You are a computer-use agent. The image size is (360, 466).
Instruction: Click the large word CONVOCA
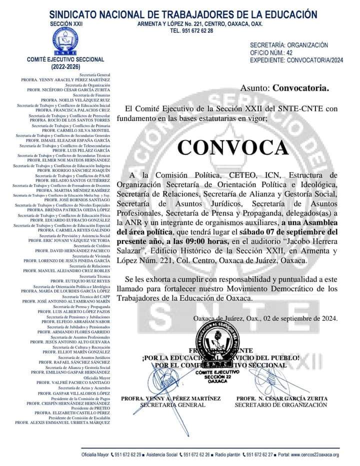point(232,147)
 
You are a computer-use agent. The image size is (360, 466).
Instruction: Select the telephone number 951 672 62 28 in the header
point(191,30)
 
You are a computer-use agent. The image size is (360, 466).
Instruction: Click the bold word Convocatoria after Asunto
point(300,88)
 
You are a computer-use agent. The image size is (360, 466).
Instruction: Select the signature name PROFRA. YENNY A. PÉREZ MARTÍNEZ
point(170,398)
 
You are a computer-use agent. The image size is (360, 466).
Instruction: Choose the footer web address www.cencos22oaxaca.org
point(314,454)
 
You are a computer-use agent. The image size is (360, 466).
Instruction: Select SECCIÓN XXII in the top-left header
point(66,23)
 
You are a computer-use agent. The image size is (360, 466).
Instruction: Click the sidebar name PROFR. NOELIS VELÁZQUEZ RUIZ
point(75,100)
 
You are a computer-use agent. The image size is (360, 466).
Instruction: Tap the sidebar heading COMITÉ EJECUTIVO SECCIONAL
point(65,59)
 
